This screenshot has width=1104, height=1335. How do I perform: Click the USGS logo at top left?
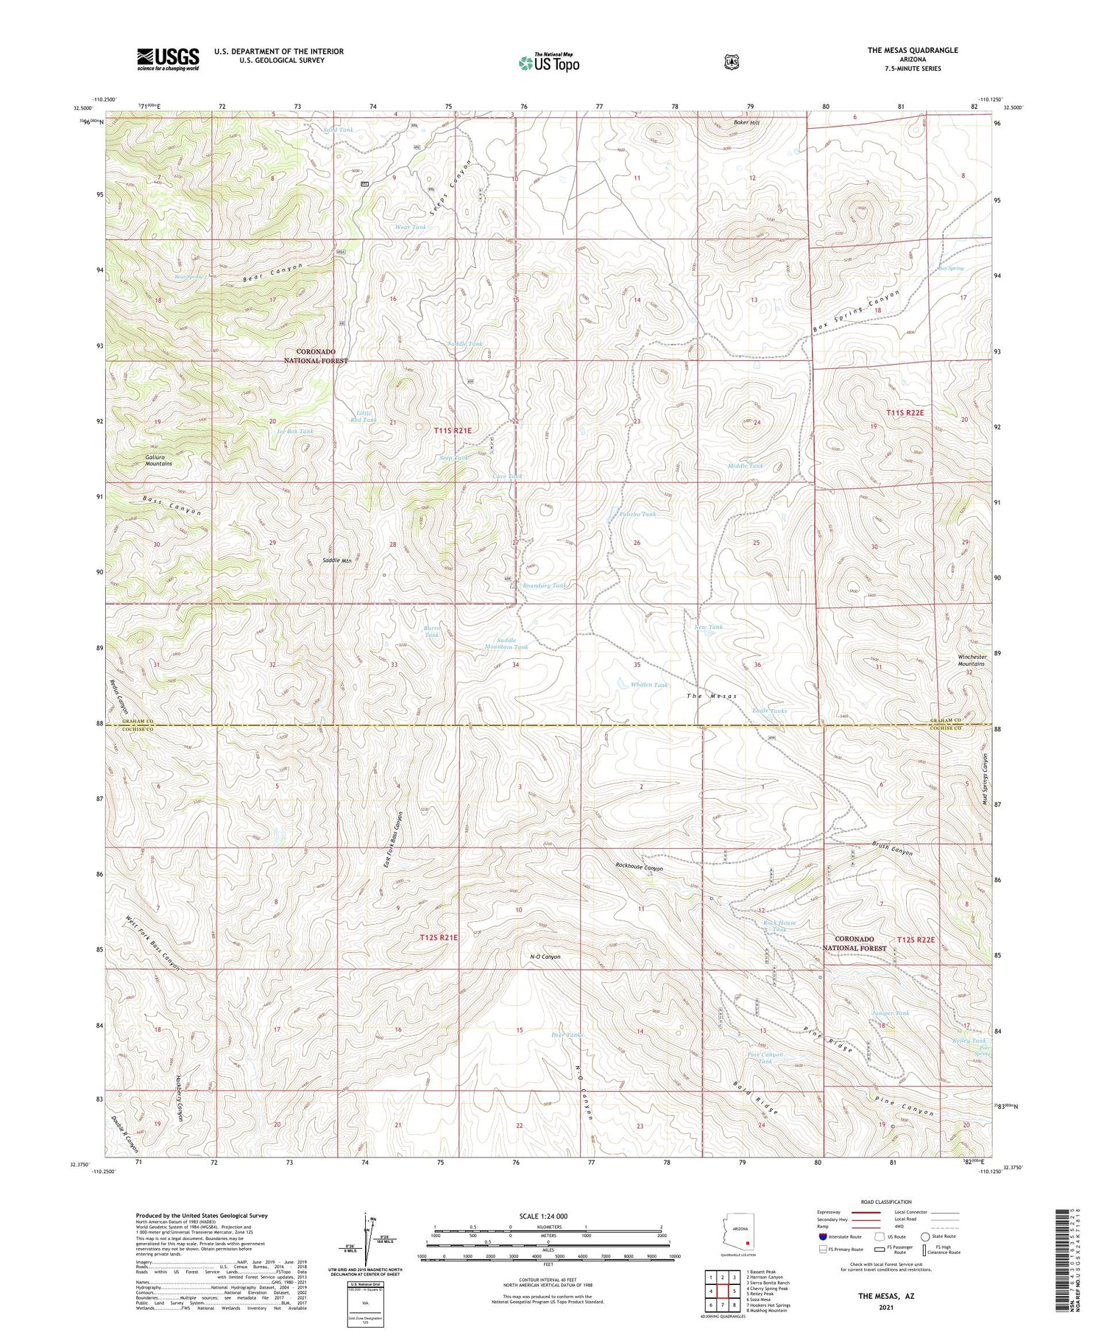tap(168, 59)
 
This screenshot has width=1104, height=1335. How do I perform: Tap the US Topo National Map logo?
tap(548, 63)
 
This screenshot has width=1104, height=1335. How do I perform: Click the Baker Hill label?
tap(746, 122)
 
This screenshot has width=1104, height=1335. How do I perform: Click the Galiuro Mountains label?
tap(154, 460)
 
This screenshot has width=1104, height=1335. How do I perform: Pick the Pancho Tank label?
tap(637, 514)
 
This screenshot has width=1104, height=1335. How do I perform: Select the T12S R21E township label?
tap(439, 937)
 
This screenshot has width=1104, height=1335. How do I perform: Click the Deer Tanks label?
tap(567, 1035)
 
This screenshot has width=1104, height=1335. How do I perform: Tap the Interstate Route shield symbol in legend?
tap(822, 1236)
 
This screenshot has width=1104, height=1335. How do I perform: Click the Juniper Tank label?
tap(891, 1013)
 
